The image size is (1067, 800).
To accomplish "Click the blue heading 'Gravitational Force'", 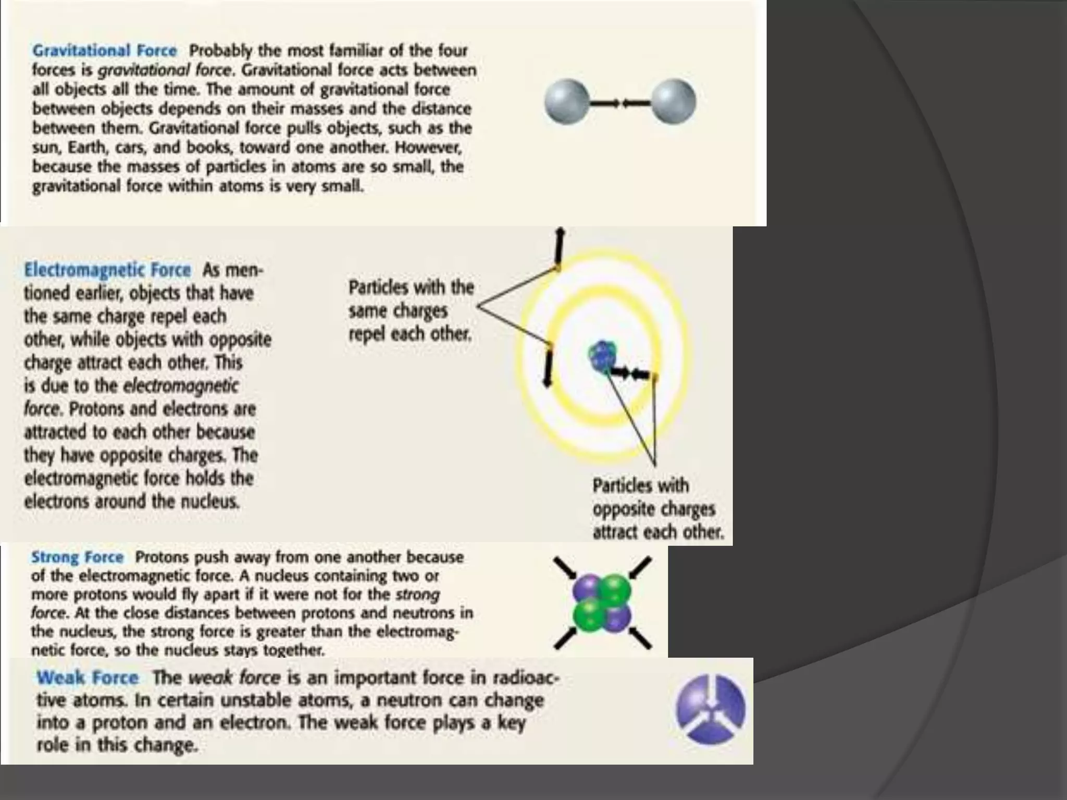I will click(104, 51).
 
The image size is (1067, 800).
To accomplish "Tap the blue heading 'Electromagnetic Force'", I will click(107, 270).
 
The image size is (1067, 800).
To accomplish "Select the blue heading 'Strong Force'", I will click(77, 557).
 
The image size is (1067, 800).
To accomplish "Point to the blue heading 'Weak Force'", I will click(88, 678).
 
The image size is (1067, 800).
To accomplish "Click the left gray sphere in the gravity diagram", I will click(567, 102).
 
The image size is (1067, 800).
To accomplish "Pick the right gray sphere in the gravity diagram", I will click(674, 102).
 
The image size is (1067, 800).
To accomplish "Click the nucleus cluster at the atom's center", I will click(602, 357).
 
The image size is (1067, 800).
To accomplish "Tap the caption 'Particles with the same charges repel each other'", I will click(411, 310).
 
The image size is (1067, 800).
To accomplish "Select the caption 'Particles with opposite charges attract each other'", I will click(657, 509).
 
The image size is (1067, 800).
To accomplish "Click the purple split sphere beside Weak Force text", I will click(710, 709).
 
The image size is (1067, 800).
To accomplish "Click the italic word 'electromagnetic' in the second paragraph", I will click(181, 386).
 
